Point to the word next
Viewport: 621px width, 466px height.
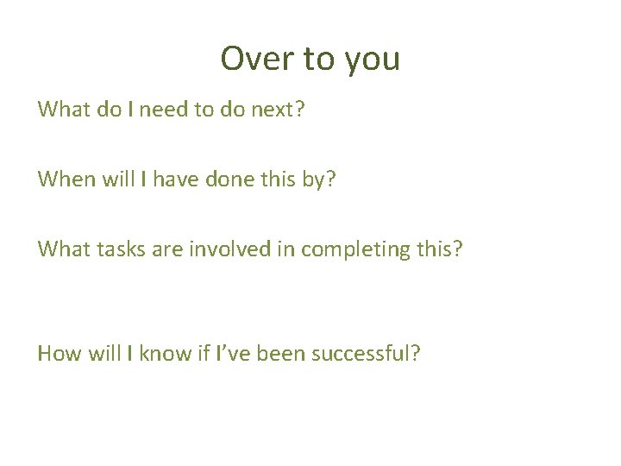pos(270,110)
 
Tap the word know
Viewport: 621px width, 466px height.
pos(158,353)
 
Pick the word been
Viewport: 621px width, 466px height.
pos(276,353)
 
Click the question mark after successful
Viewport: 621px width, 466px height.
pos(416,353)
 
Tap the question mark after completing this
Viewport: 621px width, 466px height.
pos(457,249)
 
